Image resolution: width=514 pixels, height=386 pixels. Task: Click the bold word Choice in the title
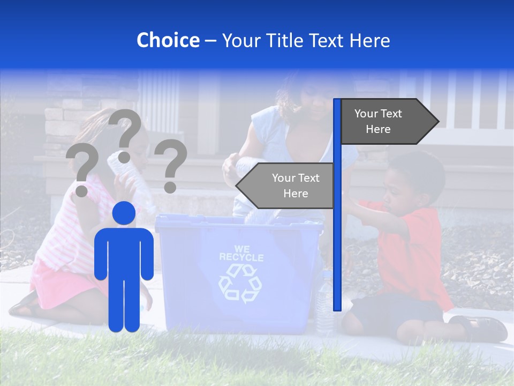tap(168, 40)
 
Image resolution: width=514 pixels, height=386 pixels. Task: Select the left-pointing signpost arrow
tap(286, 185)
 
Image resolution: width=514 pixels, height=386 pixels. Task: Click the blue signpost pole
tap(337, 241)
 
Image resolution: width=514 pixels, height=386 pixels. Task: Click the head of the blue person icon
tap(124, 213)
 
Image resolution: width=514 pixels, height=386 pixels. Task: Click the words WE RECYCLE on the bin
tap(241, 253)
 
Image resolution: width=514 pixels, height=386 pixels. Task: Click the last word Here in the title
tap(370, 40)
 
